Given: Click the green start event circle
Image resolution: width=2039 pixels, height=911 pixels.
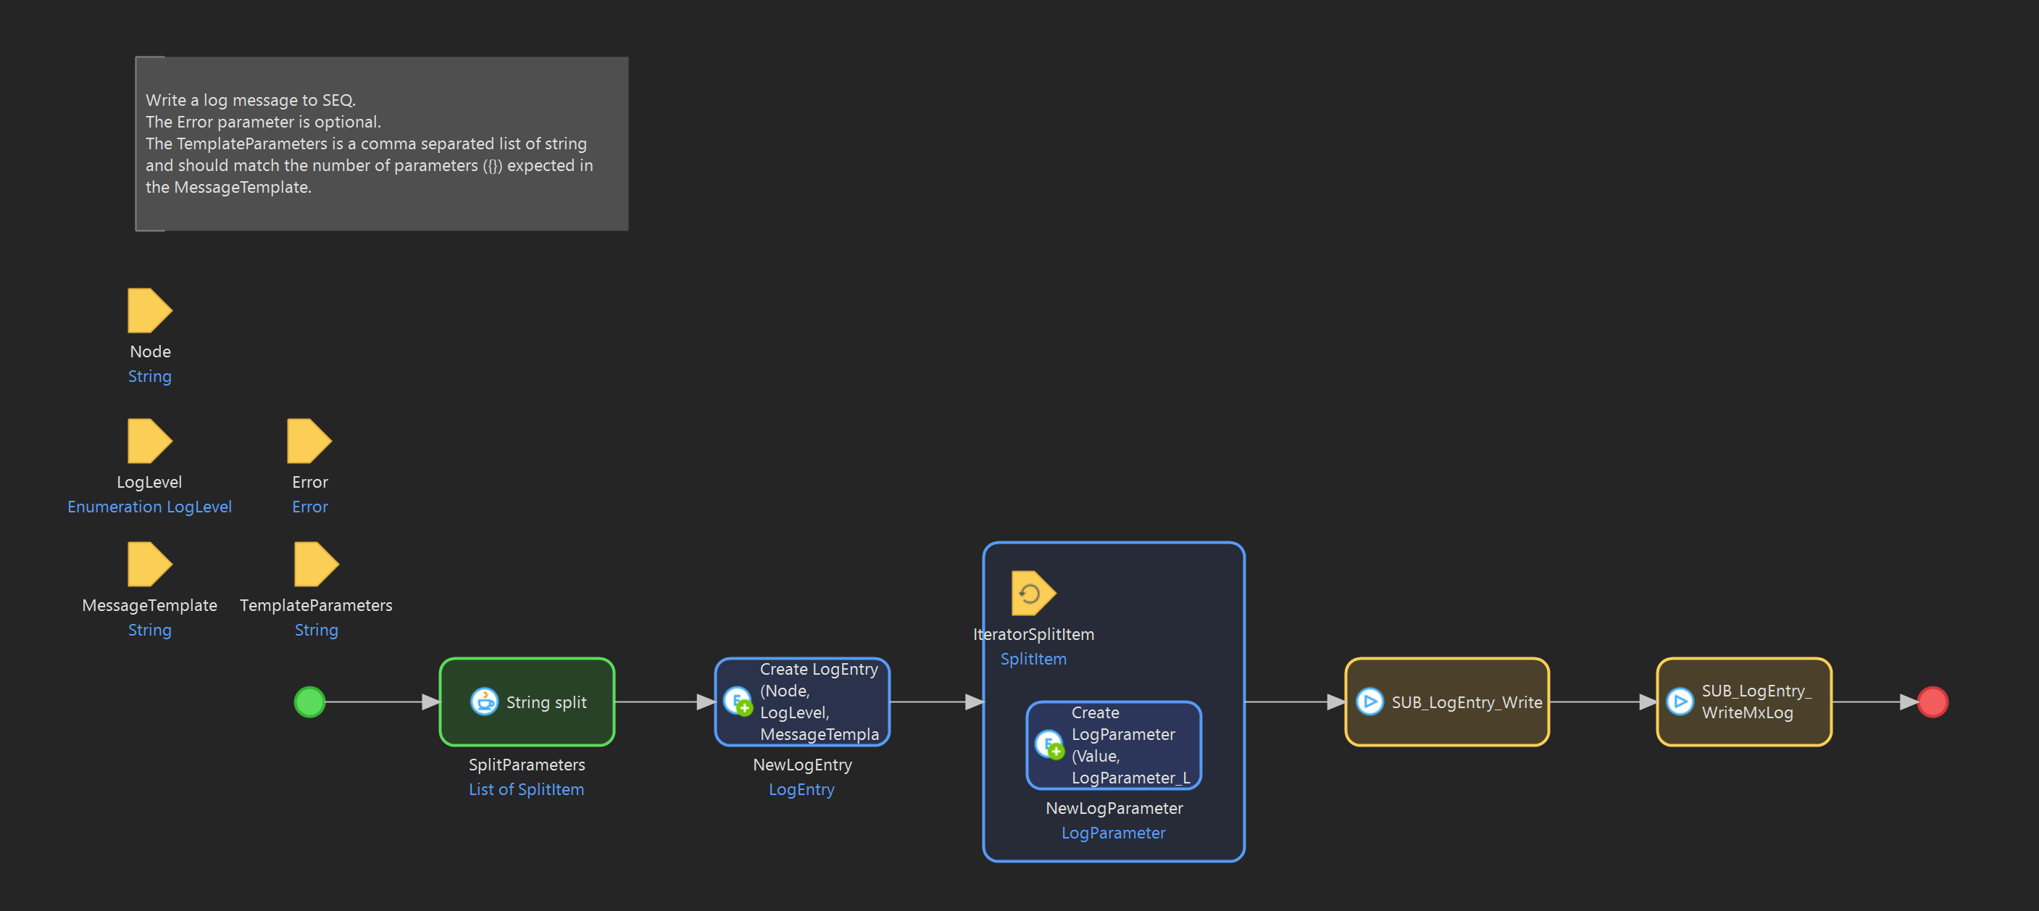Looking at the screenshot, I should pos(309,702).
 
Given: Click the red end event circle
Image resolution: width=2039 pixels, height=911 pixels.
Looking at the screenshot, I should pos(1932,702).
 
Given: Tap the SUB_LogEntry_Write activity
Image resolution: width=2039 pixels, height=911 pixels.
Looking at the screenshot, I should pos(1447,702).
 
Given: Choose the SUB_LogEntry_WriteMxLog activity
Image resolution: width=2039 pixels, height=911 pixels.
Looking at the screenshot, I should pos(1744,702).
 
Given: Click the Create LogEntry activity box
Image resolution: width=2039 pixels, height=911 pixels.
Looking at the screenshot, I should pos(802,702).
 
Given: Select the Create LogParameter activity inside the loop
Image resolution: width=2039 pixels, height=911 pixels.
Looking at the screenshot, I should pos(1113,746).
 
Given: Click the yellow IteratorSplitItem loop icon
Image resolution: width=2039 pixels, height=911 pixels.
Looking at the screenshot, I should pos(1032,593).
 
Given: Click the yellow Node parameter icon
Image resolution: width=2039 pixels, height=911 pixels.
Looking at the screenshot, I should pos(149,310).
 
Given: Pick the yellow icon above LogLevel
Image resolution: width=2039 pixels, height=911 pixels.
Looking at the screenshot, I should pos(149,441).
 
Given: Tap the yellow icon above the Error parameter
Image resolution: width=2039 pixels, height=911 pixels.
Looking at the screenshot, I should pos(308,441).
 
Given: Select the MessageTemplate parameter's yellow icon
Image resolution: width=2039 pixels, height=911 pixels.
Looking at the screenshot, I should pos(149,565).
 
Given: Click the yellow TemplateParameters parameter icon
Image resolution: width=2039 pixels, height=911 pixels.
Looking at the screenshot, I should pos(315,565).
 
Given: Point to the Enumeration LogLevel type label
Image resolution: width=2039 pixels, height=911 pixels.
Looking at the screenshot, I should pos(149,507).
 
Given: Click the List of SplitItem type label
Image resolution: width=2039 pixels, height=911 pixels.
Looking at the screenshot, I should pos(526,789).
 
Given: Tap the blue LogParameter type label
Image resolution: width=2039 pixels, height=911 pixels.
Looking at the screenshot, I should pos(1113,833).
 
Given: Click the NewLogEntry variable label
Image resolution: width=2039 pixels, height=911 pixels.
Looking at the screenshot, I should pos(802,765).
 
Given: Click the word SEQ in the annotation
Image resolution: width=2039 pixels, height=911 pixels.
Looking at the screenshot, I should pos(338,101).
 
